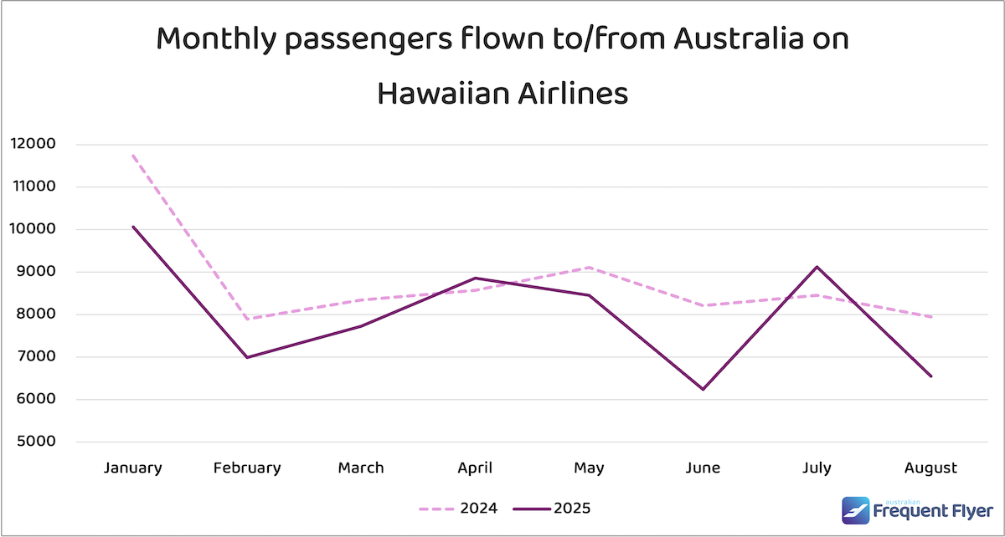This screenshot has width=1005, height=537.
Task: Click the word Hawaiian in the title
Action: pyautogui.click(x=433, y=93)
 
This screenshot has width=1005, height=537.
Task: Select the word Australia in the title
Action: pyautogui.click(x=722, y=39)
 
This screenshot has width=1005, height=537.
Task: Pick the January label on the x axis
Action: pyautogui.click(x=132, y=468)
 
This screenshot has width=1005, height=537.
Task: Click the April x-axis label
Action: pyautogui.click(x=476, y=468)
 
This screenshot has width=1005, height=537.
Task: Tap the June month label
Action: pyautogui.click(x=702, y=468)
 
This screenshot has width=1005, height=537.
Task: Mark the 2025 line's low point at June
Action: pyautogui.click(x=702, y=389)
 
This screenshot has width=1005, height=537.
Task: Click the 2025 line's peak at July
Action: pyautogui.click(x=817, y=267)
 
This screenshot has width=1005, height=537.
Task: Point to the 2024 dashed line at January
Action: pyautogui.click(x=132, y=156)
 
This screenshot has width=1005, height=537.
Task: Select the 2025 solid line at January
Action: pyautogui.click(x=132, y=227)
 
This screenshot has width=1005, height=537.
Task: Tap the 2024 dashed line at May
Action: pyautogui.click(x=590, y=268)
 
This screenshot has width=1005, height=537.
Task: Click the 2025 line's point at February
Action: pyautogui.click(x=247, y=357)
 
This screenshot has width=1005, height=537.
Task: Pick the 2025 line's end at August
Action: pyautogui.click(x=930, y=376)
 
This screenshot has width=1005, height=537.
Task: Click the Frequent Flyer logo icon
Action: pyautogui.click(x=856, y=510)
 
